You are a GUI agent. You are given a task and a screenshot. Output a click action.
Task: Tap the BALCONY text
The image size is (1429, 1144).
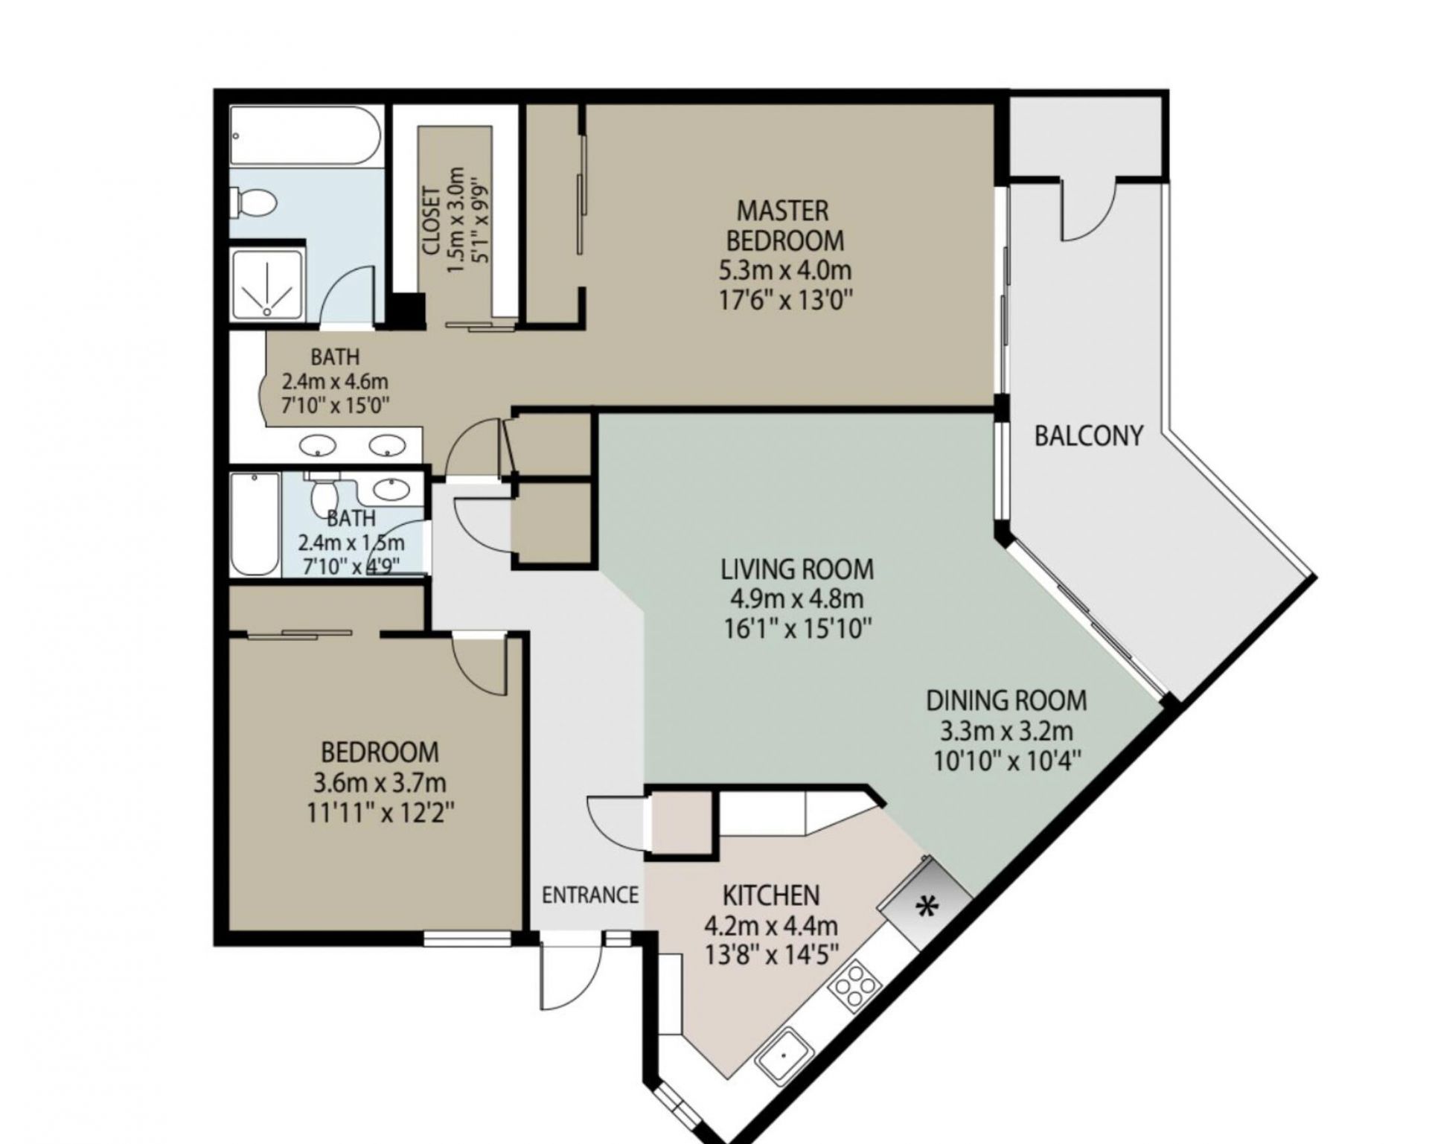1088,435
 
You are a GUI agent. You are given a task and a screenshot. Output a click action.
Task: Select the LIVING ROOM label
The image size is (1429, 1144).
796,569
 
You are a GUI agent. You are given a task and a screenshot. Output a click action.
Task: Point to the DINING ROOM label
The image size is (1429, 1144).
1006,700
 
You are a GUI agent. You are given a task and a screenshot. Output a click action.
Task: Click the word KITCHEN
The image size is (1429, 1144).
771,894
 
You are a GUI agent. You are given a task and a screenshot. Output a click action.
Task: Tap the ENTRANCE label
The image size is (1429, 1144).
590,895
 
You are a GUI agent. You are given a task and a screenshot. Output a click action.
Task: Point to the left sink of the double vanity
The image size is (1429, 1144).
318,446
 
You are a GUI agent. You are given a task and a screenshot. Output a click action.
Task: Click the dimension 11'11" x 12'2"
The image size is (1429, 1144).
380,811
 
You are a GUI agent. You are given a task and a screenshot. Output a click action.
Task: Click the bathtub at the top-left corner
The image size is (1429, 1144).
305,135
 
